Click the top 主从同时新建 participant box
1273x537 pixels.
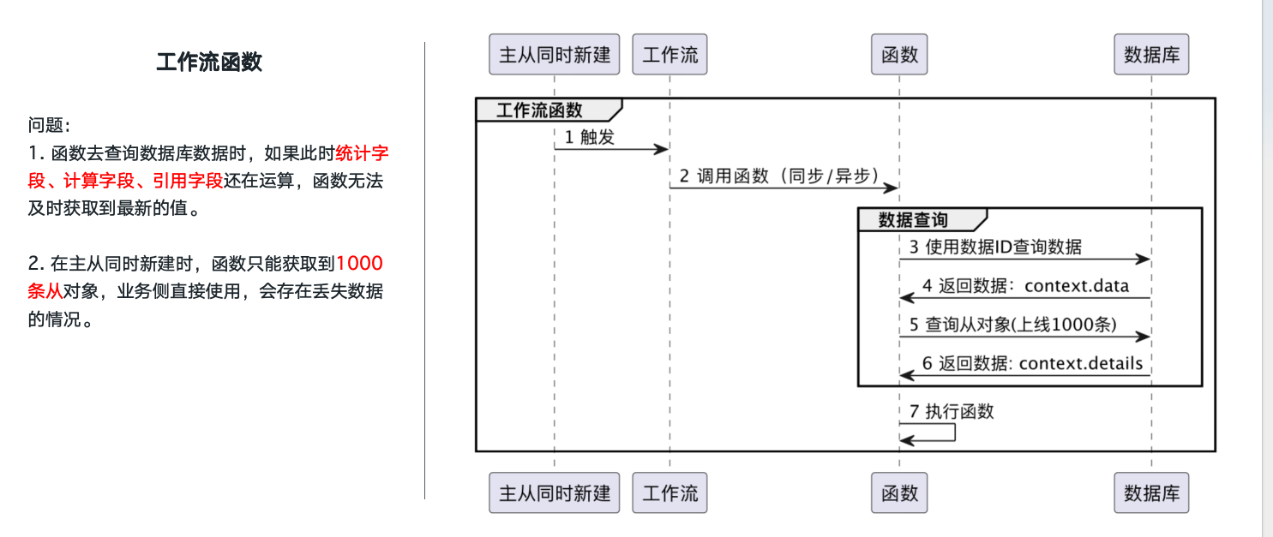(554, 55)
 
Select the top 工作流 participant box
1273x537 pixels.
(670, 55)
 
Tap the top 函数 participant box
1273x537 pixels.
(899, 55)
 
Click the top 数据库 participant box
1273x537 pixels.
(1151, 55)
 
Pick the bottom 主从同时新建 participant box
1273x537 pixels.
(554, 492)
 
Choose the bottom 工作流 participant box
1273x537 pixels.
(670, 492)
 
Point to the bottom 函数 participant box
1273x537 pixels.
(899, 492)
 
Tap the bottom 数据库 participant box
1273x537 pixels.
(1151, 492)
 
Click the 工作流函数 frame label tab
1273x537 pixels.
(540, 110)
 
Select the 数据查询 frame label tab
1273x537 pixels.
(914, 219)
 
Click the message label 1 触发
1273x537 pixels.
(590, 137)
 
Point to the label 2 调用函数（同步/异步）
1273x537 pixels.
(779, 176)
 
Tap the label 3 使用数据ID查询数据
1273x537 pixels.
(995, 248)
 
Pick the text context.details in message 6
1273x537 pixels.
(1081, 363)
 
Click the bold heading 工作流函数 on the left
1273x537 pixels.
(209, 62)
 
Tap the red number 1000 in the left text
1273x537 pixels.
(359, 263)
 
